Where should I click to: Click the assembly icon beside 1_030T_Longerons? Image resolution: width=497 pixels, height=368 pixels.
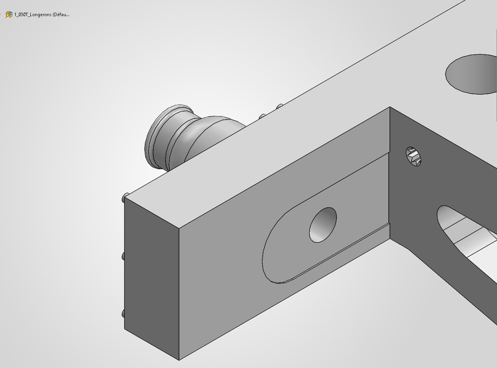pos(9,14)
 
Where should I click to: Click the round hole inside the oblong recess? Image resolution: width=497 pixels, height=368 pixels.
pos(323,225)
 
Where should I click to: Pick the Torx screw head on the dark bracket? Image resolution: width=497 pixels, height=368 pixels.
pos(413,157)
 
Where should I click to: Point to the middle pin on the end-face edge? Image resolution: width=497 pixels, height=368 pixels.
pos(123,256)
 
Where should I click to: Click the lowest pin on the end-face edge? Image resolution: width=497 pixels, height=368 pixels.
pos(123,314)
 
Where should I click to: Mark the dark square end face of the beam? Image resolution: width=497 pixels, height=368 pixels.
pos(152,278)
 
